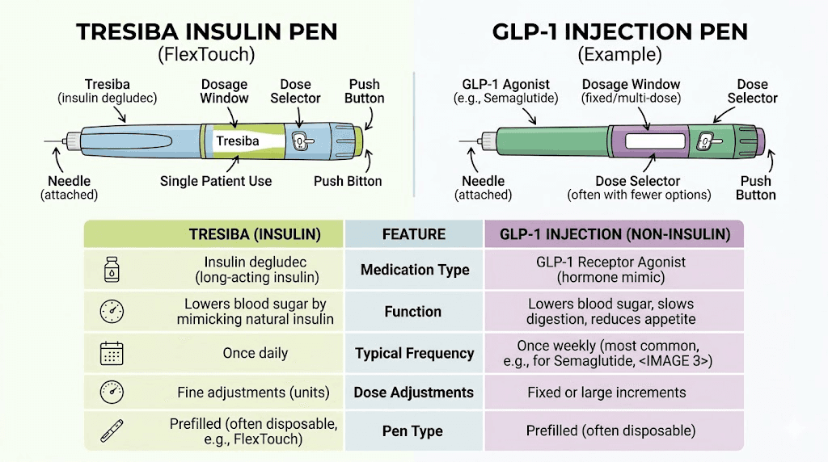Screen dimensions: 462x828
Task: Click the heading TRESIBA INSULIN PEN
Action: click(206, 32)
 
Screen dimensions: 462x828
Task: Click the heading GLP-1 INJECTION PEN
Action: click(620, 32)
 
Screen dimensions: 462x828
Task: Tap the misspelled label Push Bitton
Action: click(348, 181)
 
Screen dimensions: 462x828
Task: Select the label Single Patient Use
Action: click(216, 181)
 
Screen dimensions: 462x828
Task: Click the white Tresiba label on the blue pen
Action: click(238, 141)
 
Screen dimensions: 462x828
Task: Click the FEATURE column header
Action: click(414, 234)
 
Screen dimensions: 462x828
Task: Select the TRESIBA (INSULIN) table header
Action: click(255, 234)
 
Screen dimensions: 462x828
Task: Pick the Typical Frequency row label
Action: click(414, 353)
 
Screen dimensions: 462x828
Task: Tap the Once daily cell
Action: click(255, 353)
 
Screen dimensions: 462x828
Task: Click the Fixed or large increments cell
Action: click(606, 393)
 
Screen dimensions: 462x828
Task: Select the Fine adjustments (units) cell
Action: click(253, 393)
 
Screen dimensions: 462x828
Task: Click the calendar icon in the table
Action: click(111, 353)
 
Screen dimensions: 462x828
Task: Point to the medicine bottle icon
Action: click(111, 269)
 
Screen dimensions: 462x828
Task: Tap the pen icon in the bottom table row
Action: click(111, 431)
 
